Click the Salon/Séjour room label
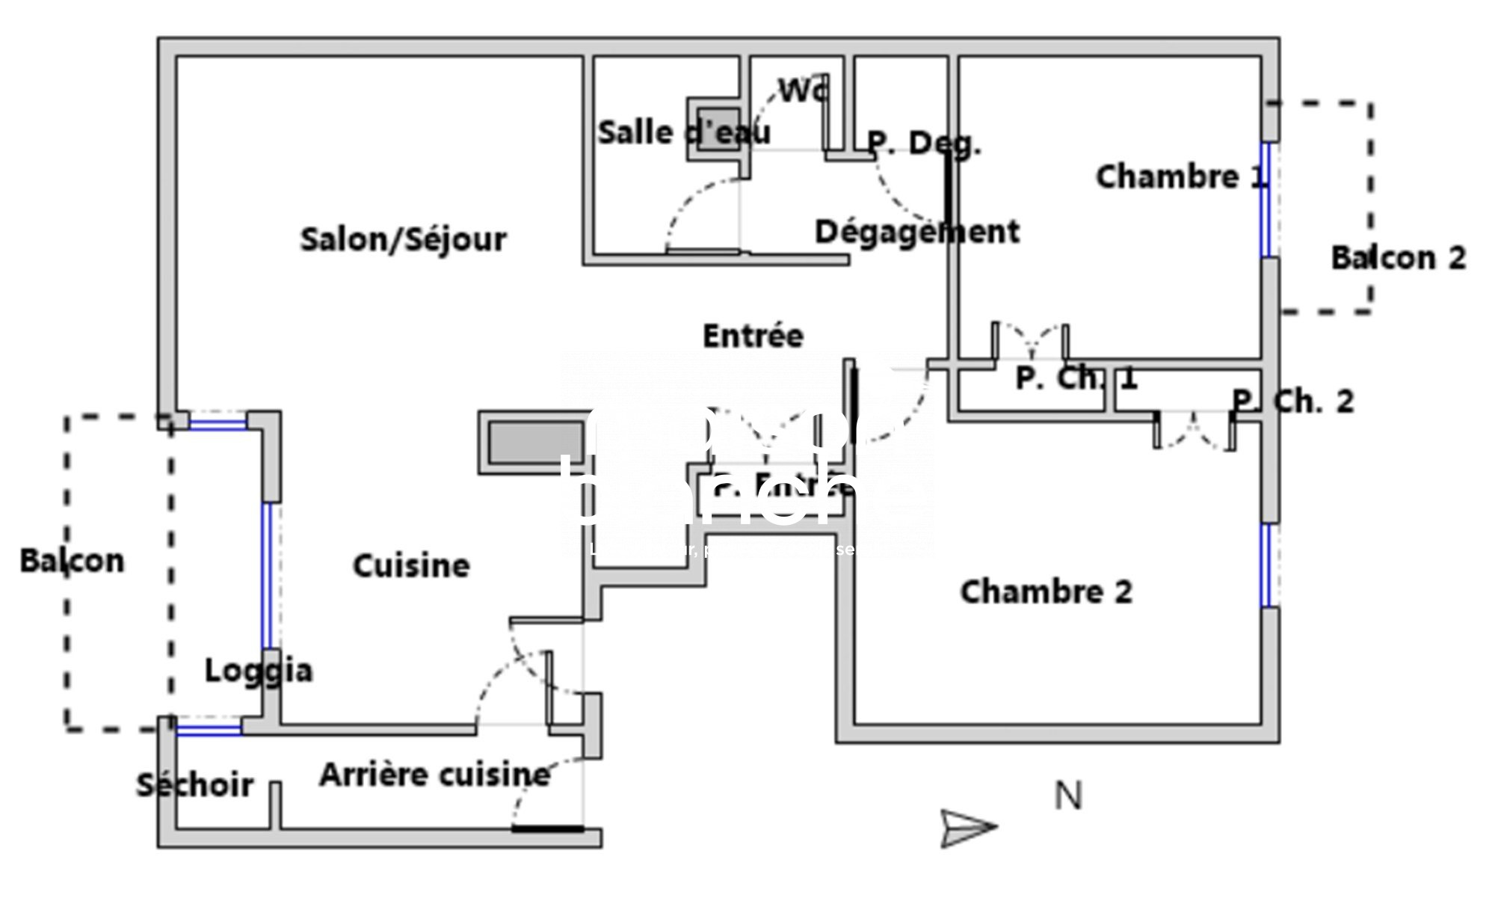403,240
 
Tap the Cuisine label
411,566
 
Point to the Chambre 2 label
1046,592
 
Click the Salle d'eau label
683,133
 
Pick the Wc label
803,90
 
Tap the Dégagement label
916,232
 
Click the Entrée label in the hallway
753,336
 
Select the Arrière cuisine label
434,775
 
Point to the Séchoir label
194,785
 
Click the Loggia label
259,671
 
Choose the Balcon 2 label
1398,258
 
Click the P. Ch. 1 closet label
1076,378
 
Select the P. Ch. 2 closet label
1292,402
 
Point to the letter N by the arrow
1067,796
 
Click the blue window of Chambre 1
1266,199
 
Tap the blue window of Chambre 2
1266,565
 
